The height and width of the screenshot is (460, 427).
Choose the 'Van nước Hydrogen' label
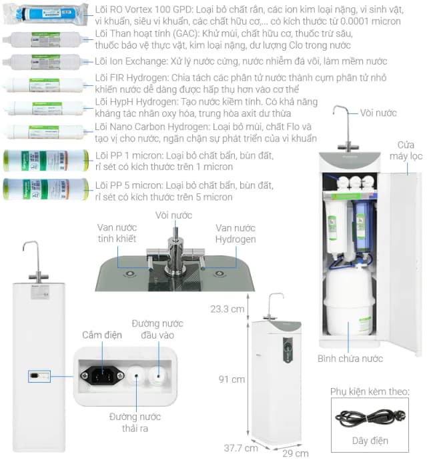(235, 233)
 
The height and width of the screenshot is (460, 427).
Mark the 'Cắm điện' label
(102, 335)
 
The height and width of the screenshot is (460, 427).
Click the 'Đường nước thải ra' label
(135, 423)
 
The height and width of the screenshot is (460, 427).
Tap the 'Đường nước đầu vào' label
(153, 329)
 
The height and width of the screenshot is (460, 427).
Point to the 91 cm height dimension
(233, 379)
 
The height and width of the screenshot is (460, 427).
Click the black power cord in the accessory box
(369, 418)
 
